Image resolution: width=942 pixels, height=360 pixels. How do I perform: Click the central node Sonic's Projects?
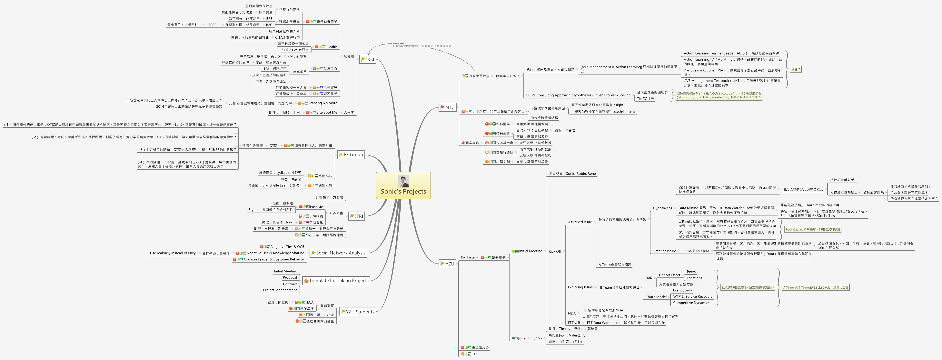coord(403,191)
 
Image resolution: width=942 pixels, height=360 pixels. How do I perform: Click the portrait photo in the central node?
coord(403,181)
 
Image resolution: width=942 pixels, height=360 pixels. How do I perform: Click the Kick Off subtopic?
coord(555,251)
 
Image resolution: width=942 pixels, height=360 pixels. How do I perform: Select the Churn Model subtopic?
coord(656,297)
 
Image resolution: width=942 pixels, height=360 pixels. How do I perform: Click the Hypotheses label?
coord(662,208)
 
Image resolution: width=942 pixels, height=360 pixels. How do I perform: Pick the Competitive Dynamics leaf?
coord(691,303)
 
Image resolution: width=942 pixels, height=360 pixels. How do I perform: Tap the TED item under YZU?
coord(475,354)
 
